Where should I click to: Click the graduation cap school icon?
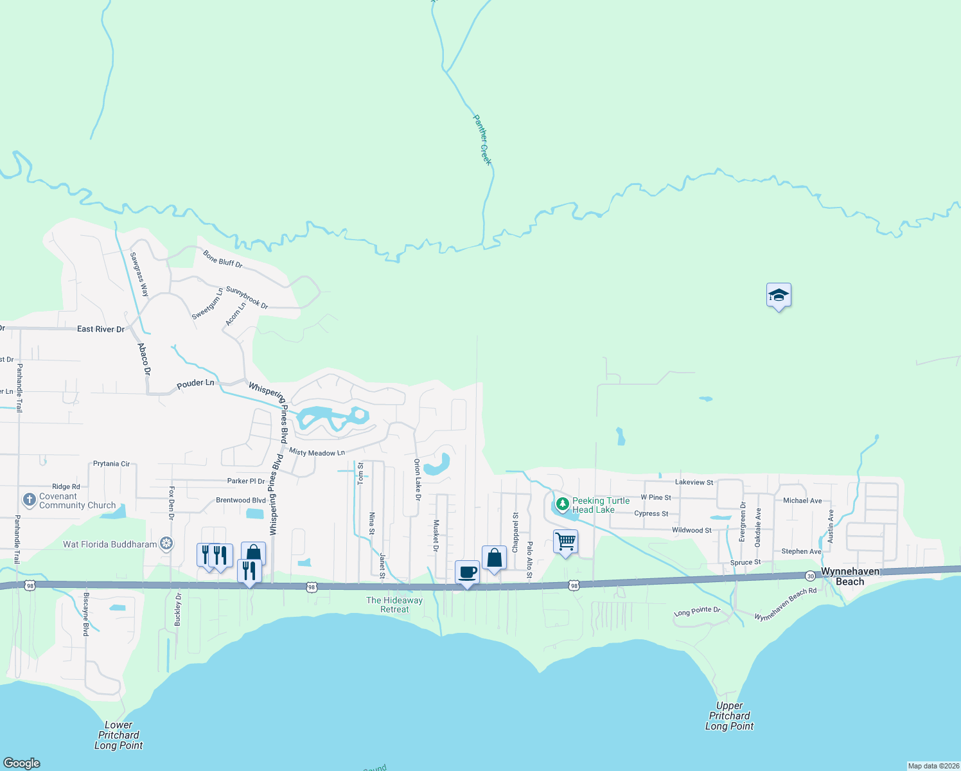[x=779, y=296]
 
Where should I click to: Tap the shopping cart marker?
[x=565, y=542]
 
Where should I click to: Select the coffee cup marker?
[x=467, y=572]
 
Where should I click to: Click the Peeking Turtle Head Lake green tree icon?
[x=563, y=503]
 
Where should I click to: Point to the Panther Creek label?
[x=482, y=139]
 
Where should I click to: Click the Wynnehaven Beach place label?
[x=850, y=576]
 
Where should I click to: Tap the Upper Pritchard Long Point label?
[x=729, y=716]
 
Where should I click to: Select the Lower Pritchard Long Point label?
[x=118, y=735]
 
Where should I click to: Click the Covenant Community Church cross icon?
[x=29, y=500]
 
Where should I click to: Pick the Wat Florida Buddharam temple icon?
[x=166, y=544]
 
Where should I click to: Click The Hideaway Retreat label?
[x=394, y=605]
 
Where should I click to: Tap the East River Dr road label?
[x=101, y=329]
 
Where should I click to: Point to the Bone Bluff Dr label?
[x=223, y=259]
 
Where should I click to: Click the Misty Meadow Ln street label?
[x=317, y=452]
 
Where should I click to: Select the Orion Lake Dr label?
[x=417, y=479]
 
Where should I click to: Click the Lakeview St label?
[x=694, y=482]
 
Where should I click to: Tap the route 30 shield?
[x=811, y=576]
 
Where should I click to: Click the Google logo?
[x=22, y=763]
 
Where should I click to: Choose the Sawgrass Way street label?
[x=139, y=274]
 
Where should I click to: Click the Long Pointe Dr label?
[x=697, y=612]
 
